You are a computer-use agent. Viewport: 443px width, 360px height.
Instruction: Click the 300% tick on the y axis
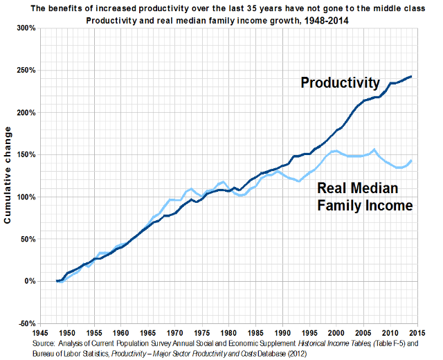tap(26, 28)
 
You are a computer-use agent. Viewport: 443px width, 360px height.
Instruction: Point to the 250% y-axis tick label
tap(26, 71)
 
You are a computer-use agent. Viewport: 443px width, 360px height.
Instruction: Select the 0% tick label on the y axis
tap(30, 281)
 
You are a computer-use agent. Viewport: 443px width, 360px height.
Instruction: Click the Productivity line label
tap(340, 83)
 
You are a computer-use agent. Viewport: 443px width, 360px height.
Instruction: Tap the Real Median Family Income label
tap(364, 197)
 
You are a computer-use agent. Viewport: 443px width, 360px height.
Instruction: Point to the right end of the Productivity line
tap(411, 76)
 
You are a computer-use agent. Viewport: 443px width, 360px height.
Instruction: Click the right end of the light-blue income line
tap(411, 161)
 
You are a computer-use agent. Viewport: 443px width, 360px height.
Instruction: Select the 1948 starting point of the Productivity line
tap(56, 281)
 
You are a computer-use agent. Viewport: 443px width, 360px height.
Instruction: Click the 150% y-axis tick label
tap(26, 155)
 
